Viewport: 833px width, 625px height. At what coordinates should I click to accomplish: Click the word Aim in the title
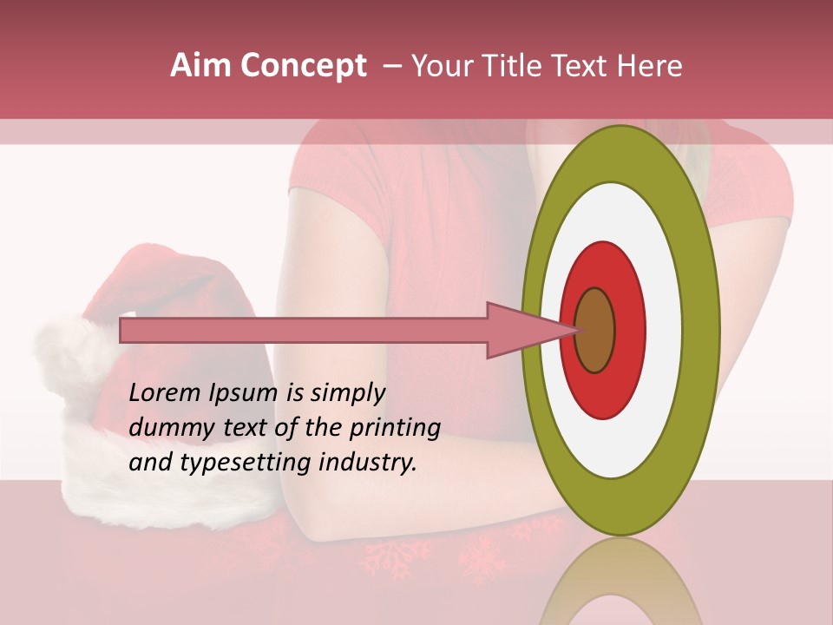pos(201,66)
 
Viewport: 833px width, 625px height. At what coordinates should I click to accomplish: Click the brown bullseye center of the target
pos(595,330)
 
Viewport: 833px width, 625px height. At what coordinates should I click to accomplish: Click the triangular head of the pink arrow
pos(521,330)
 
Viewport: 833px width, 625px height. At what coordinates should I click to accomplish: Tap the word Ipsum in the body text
pos(244,394)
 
